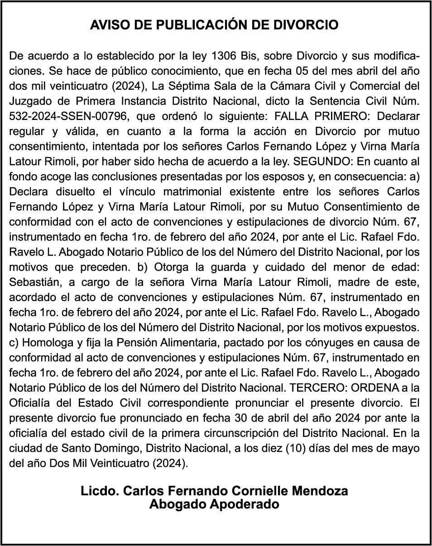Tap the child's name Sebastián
(33, 283)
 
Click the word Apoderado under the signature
(244, 504)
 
